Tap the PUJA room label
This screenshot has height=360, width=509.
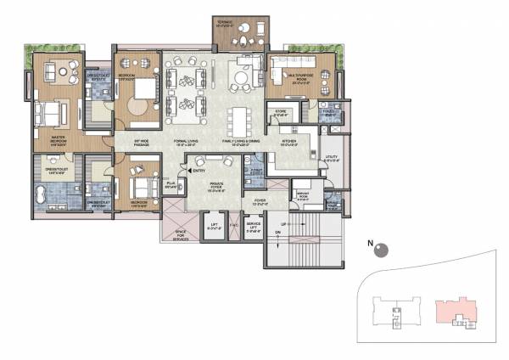pyautogui.click(x=171, y=183)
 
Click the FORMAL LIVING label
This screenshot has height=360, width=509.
pyautogui.click(x=186, y=143)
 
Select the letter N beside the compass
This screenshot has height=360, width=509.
pyautogui.click(x=370, y=243)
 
